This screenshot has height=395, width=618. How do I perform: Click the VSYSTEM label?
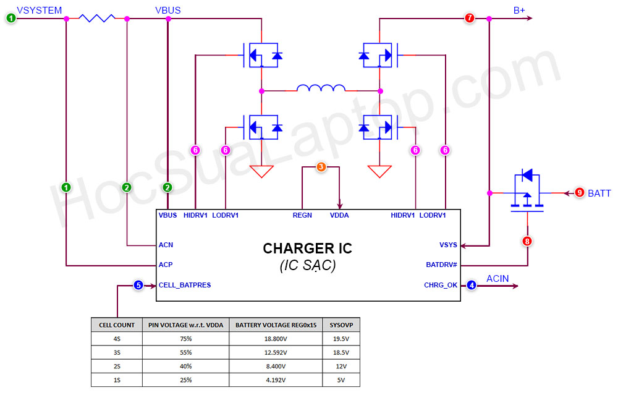[39, 10]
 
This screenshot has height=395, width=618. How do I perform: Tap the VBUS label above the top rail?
[168, 10]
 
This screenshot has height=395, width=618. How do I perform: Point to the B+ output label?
[520, 10]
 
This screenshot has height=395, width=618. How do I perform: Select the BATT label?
[599, 193]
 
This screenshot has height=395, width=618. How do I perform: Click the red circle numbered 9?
[579, 193]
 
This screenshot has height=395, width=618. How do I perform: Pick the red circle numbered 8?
[527, 241]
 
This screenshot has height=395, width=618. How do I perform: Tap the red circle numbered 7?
[470, 19]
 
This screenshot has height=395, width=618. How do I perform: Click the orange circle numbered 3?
[321, 167]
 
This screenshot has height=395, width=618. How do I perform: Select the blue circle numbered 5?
[138, 285]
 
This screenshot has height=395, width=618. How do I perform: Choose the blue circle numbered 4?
[472, 285]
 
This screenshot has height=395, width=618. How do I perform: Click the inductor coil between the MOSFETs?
[321, 88]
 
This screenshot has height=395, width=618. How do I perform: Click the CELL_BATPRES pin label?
[185, 286]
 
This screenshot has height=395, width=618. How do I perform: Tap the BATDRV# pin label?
[441, 265]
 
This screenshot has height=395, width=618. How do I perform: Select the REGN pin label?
[302, 215]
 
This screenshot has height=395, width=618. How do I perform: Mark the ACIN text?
[497, 279]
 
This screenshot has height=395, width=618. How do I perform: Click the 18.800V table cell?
[276, 339]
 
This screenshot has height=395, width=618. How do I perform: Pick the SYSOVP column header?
[341, 325]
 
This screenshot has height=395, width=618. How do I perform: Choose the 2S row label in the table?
[117, 366]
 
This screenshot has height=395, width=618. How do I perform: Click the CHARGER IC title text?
[307, 248]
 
